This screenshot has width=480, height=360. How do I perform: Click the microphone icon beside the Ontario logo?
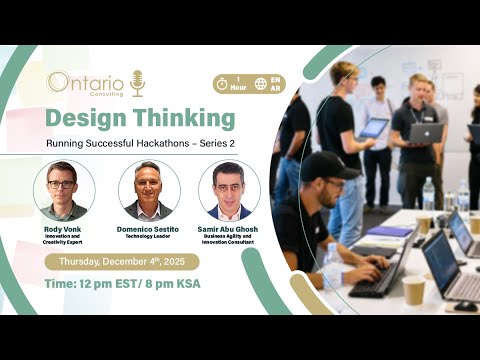[x=138, y=82]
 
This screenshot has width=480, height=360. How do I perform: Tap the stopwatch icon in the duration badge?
[x=221, y=84]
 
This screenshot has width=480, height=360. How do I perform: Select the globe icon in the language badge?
[x=260, y=84]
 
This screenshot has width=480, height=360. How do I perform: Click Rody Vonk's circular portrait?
[x=64, y=191]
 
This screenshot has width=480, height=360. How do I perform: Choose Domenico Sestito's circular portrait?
[x=149, y=191]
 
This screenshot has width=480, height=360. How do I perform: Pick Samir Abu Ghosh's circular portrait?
[x=229, y=191]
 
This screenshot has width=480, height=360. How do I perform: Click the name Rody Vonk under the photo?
[x=63, y=228]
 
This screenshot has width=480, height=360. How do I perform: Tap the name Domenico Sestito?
[x=149, y=228]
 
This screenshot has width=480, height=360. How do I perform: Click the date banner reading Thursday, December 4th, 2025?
[x=121, y=262]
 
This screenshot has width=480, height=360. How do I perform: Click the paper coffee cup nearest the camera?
[x=413, y=290]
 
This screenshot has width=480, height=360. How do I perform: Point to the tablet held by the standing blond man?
[x=372, y=127]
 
